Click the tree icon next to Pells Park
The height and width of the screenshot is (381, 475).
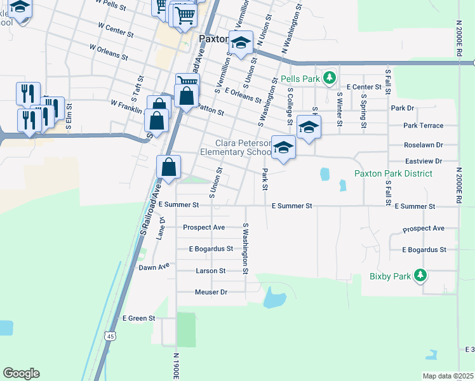coord(329,79)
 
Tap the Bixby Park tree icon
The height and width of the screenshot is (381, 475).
coord(419,276)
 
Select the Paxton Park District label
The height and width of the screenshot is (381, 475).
coord(393,173)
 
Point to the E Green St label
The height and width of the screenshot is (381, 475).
coord(138,317)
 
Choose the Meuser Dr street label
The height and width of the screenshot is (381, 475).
coord(210,292)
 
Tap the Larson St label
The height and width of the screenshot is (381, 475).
coord(211,271)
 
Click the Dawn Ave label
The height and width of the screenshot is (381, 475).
coord(154,267)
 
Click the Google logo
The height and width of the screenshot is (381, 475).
coord(21,373)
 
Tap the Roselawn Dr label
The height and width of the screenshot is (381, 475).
coord(423,145)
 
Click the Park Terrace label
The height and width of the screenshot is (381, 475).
coord(423,126)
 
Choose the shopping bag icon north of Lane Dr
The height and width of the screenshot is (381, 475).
coord(169,168)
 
